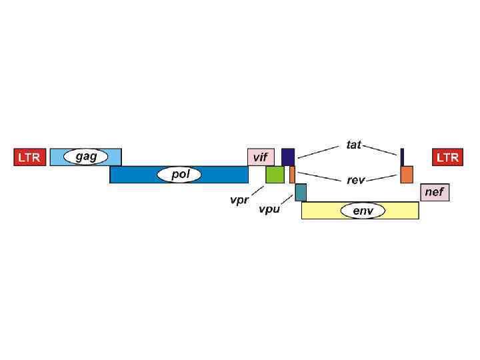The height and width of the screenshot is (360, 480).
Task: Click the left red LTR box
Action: click(29, 157)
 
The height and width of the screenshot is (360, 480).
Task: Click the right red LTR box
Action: click(447, 157)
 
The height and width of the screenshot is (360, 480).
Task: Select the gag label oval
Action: click(86, 157)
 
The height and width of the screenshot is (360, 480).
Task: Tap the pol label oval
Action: click(179, 175)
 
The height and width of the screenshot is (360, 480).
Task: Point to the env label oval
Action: click(363, 211)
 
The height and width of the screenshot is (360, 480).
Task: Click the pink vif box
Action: click(261, 157)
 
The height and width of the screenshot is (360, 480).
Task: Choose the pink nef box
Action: click(434, 193)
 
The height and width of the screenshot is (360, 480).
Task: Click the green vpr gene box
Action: click(275, 175)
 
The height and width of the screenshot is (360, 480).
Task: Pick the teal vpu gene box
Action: click(301, 192)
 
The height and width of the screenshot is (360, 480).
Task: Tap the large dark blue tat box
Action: click(288, 157)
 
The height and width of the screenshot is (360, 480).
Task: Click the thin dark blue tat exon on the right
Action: click(402, 157)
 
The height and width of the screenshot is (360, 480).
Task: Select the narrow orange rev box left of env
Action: click(292, 175)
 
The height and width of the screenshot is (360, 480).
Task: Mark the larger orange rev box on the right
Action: click(407, 175)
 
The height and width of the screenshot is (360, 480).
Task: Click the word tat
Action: click(353, 145)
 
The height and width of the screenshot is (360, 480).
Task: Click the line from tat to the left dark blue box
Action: click(321, 150)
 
